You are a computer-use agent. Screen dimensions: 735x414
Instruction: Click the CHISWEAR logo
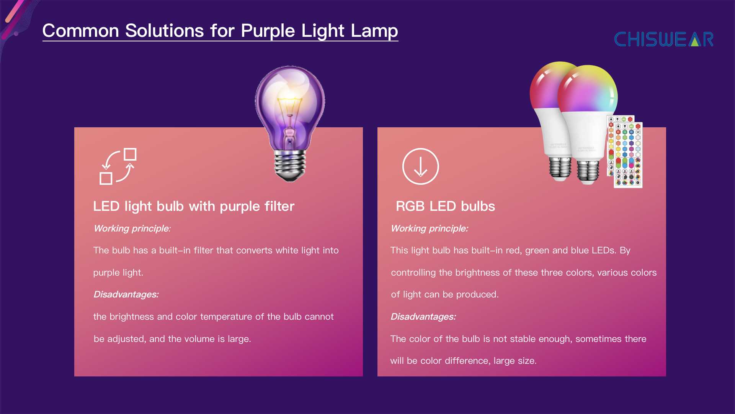click(x=664, y=39)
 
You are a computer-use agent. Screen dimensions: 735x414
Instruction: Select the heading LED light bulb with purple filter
click(x=194, y=206)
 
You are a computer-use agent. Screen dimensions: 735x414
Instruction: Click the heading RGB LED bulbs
click(x=445, y=206)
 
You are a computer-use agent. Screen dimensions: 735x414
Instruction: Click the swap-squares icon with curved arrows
click(x=118, y=166)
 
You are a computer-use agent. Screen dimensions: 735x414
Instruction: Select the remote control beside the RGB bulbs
click(x=624, y=152)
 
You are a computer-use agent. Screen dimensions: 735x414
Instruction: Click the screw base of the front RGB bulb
click(x=588, y=171)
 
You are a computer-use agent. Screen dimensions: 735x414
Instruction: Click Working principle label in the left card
click(x=131, y=228)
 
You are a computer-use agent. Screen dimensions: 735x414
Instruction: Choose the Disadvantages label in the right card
click(x=423, y=317)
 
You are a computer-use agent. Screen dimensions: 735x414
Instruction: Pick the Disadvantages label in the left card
click(x=126, y=294)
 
